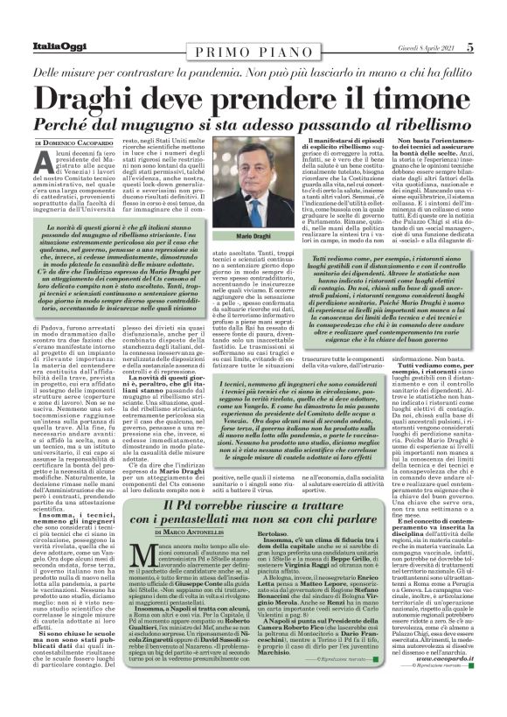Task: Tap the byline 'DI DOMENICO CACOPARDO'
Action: pyautogui.click(x=75, y=143)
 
